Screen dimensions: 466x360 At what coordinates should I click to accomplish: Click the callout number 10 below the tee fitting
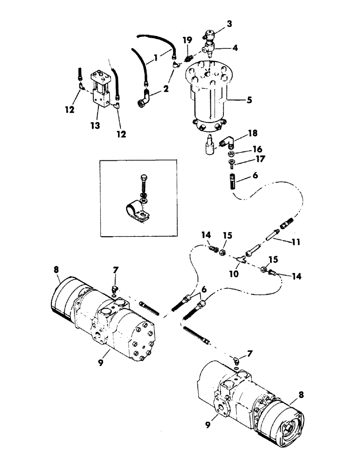(x=234, y=274)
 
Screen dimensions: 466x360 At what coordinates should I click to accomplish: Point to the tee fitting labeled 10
(x=242, y=257)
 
